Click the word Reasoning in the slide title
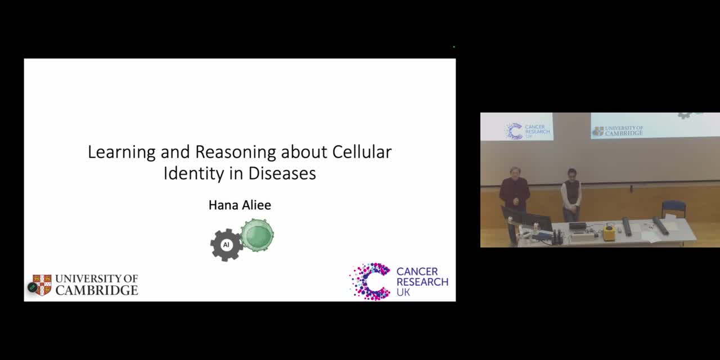[x=235, y=152]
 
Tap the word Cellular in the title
[x=362, y=152]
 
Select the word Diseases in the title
[x=282, y=173]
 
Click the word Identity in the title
[x=194, y=174]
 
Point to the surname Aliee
[x=255, y=205]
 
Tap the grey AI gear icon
[x=226, y=245]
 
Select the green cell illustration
[x=257, y=235]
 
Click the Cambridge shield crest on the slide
[x=42, y=285]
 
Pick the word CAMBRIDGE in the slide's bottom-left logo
[x=97, y=290]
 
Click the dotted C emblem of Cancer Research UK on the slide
[x=370, y=282]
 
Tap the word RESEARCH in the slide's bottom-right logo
[x=422, y=282]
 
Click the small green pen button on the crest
[x=33, y=287]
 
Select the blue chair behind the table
[x=674, y=209]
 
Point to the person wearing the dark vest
[x=571, y=195]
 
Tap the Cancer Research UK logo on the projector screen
[x=527, y=131]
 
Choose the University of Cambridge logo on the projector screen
[x=618, y=131]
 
